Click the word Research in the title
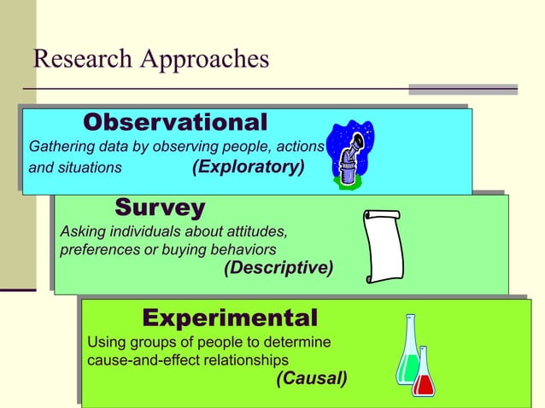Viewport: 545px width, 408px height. click(x=80, y=59)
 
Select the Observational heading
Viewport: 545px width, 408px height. click(x=175, y=122)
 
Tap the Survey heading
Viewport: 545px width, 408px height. click(x=160, y=207)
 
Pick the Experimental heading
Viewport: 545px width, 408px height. click(x=230, y=318)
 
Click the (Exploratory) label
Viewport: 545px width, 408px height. click(x=248, y=166)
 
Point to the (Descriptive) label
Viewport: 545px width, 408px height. click(x=278, y=268)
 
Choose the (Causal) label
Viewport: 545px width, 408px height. click(x=312, y=378)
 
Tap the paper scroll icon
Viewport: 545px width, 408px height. click(x=382, y=246)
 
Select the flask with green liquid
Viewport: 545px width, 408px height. click(x=407, y=352)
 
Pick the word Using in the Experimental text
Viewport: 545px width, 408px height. click(x=107, y=342)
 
